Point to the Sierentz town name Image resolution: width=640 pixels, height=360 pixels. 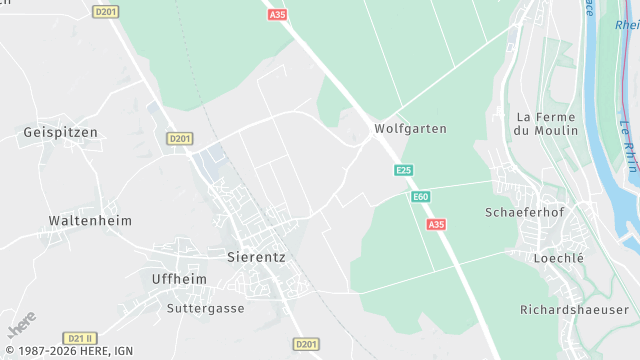(x=257, y=256)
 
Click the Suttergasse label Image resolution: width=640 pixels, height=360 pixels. (x=206, y=308)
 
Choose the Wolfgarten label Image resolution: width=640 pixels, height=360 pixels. (x=410, y=129)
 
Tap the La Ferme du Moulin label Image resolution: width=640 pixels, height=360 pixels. (x=546, y=123)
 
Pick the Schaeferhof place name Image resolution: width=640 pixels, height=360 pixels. (x=525, y=213)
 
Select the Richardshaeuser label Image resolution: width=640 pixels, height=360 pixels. (x=573, y=310)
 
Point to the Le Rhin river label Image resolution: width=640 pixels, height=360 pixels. (x=627, y=146)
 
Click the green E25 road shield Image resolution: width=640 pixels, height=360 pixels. (x=403, y=171)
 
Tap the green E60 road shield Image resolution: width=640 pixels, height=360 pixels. (x=421, y=197)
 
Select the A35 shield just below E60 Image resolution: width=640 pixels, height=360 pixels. (x=436, y=225)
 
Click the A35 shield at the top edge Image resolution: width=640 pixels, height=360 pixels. (x=277, y=15)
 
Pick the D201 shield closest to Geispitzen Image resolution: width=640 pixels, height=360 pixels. (x=180, y=138)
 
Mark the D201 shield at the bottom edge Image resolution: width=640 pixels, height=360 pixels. (x=307, y=344)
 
